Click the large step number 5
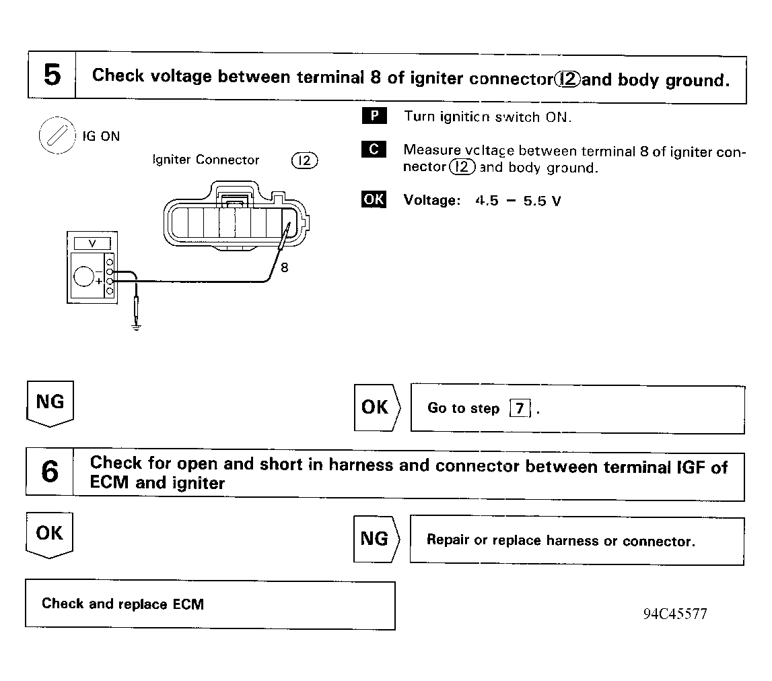tap(51, 75)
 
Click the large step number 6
tap(49, 472)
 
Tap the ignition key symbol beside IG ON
tap(53, 134)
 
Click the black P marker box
tap(374, 116)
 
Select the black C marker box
tap(374, 150)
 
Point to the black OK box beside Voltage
tap(374, 199)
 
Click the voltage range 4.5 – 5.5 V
tap(518, 201)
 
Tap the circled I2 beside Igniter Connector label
tap(305, 160)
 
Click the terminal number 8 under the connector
tap(284, 267)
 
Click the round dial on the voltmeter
tap(85, 275)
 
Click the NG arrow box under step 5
tap(50, 403)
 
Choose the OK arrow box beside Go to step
tap(376, 408)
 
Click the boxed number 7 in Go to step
tap(519, 409)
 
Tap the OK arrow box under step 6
tap(50, 535)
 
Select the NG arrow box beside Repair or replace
tap(376, 539)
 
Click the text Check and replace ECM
tap(122, 604)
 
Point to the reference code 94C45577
tap(674, 614)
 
